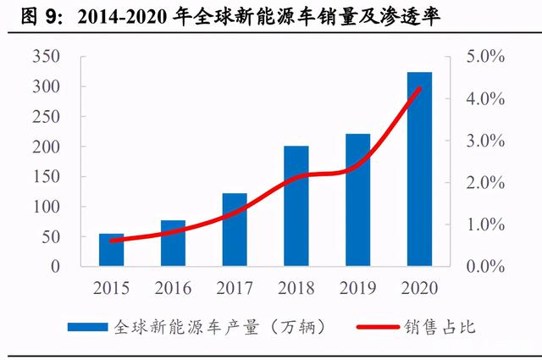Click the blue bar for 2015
pos(111,250)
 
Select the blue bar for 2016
pos(173,243)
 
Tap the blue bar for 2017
pos(235,230)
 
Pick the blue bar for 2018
pos(296,206)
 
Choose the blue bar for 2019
pos(357,200)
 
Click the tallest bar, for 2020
pos(420,169)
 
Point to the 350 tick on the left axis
pos(47,56)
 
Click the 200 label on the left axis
pos(47,147)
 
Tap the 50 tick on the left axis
pos(51,237)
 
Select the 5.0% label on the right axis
pos(485,56)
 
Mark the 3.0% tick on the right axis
pos(485,141)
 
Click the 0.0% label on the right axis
pos(485,267)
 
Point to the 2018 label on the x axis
pos(296,288)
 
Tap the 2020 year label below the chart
pos(420,288)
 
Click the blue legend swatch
pos(88,327)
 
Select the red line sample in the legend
pos(378,327)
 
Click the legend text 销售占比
pos(440,327)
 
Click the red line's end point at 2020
pos(420,89)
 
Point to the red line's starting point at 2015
pos(111,241)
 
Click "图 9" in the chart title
pos(38,17)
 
